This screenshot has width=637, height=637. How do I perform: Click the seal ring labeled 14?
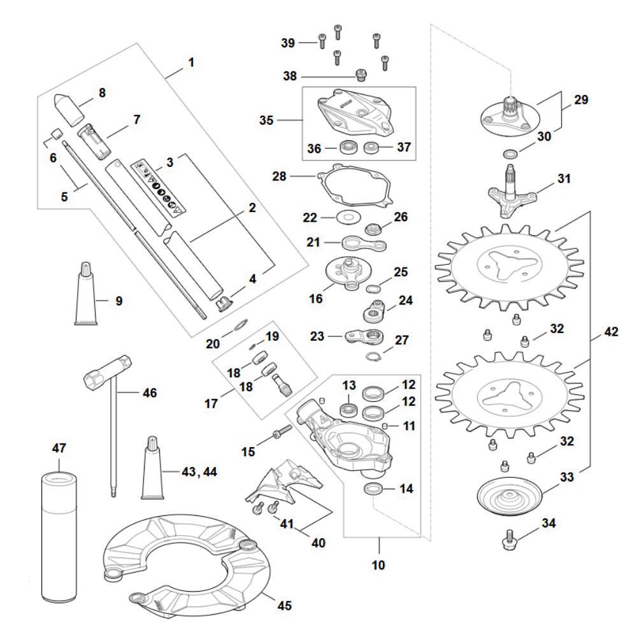click(374, 489)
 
